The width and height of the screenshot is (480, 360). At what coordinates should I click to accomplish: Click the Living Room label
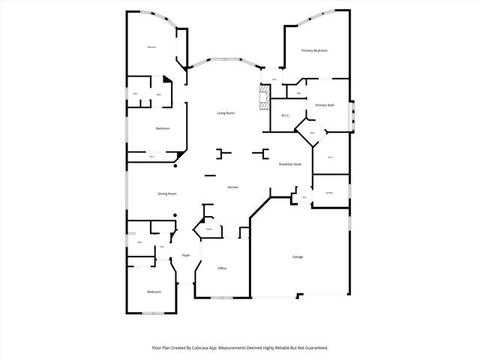coord(226,113)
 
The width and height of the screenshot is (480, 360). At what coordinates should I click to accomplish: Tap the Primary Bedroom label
coord(315,50)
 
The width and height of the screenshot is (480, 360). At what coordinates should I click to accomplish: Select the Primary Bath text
coord(325,105)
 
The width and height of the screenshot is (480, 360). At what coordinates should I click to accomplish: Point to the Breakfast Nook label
coord(290,164)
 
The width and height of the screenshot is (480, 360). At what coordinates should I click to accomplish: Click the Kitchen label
coord(233,187)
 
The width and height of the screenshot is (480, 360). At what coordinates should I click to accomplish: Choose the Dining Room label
coord(166,193)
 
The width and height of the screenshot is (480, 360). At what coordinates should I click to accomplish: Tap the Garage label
coord(298,257)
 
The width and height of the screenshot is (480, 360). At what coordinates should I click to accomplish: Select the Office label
coord(222,268)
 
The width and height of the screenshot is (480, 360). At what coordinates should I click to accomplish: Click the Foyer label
coord(185,256)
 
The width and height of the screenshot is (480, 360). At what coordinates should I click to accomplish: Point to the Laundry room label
coord(329,193)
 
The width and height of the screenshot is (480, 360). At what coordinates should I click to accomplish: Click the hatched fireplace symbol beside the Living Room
coord(263,98)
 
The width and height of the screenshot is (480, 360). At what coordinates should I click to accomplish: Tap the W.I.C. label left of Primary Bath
coord(286,115)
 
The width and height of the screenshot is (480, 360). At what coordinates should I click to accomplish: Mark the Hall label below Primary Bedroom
coord(274,79)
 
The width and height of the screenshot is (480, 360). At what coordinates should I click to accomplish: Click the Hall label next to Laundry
coord(304,198)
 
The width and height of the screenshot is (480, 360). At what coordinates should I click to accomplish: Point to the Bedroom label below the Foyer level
coord(154,291)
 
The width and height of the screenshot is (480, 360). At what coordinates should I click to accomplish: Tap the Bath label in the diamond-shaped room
coord(312,133)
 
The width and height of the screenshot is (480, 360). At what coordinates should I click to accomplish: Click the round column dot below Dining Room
coord(175,216)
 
